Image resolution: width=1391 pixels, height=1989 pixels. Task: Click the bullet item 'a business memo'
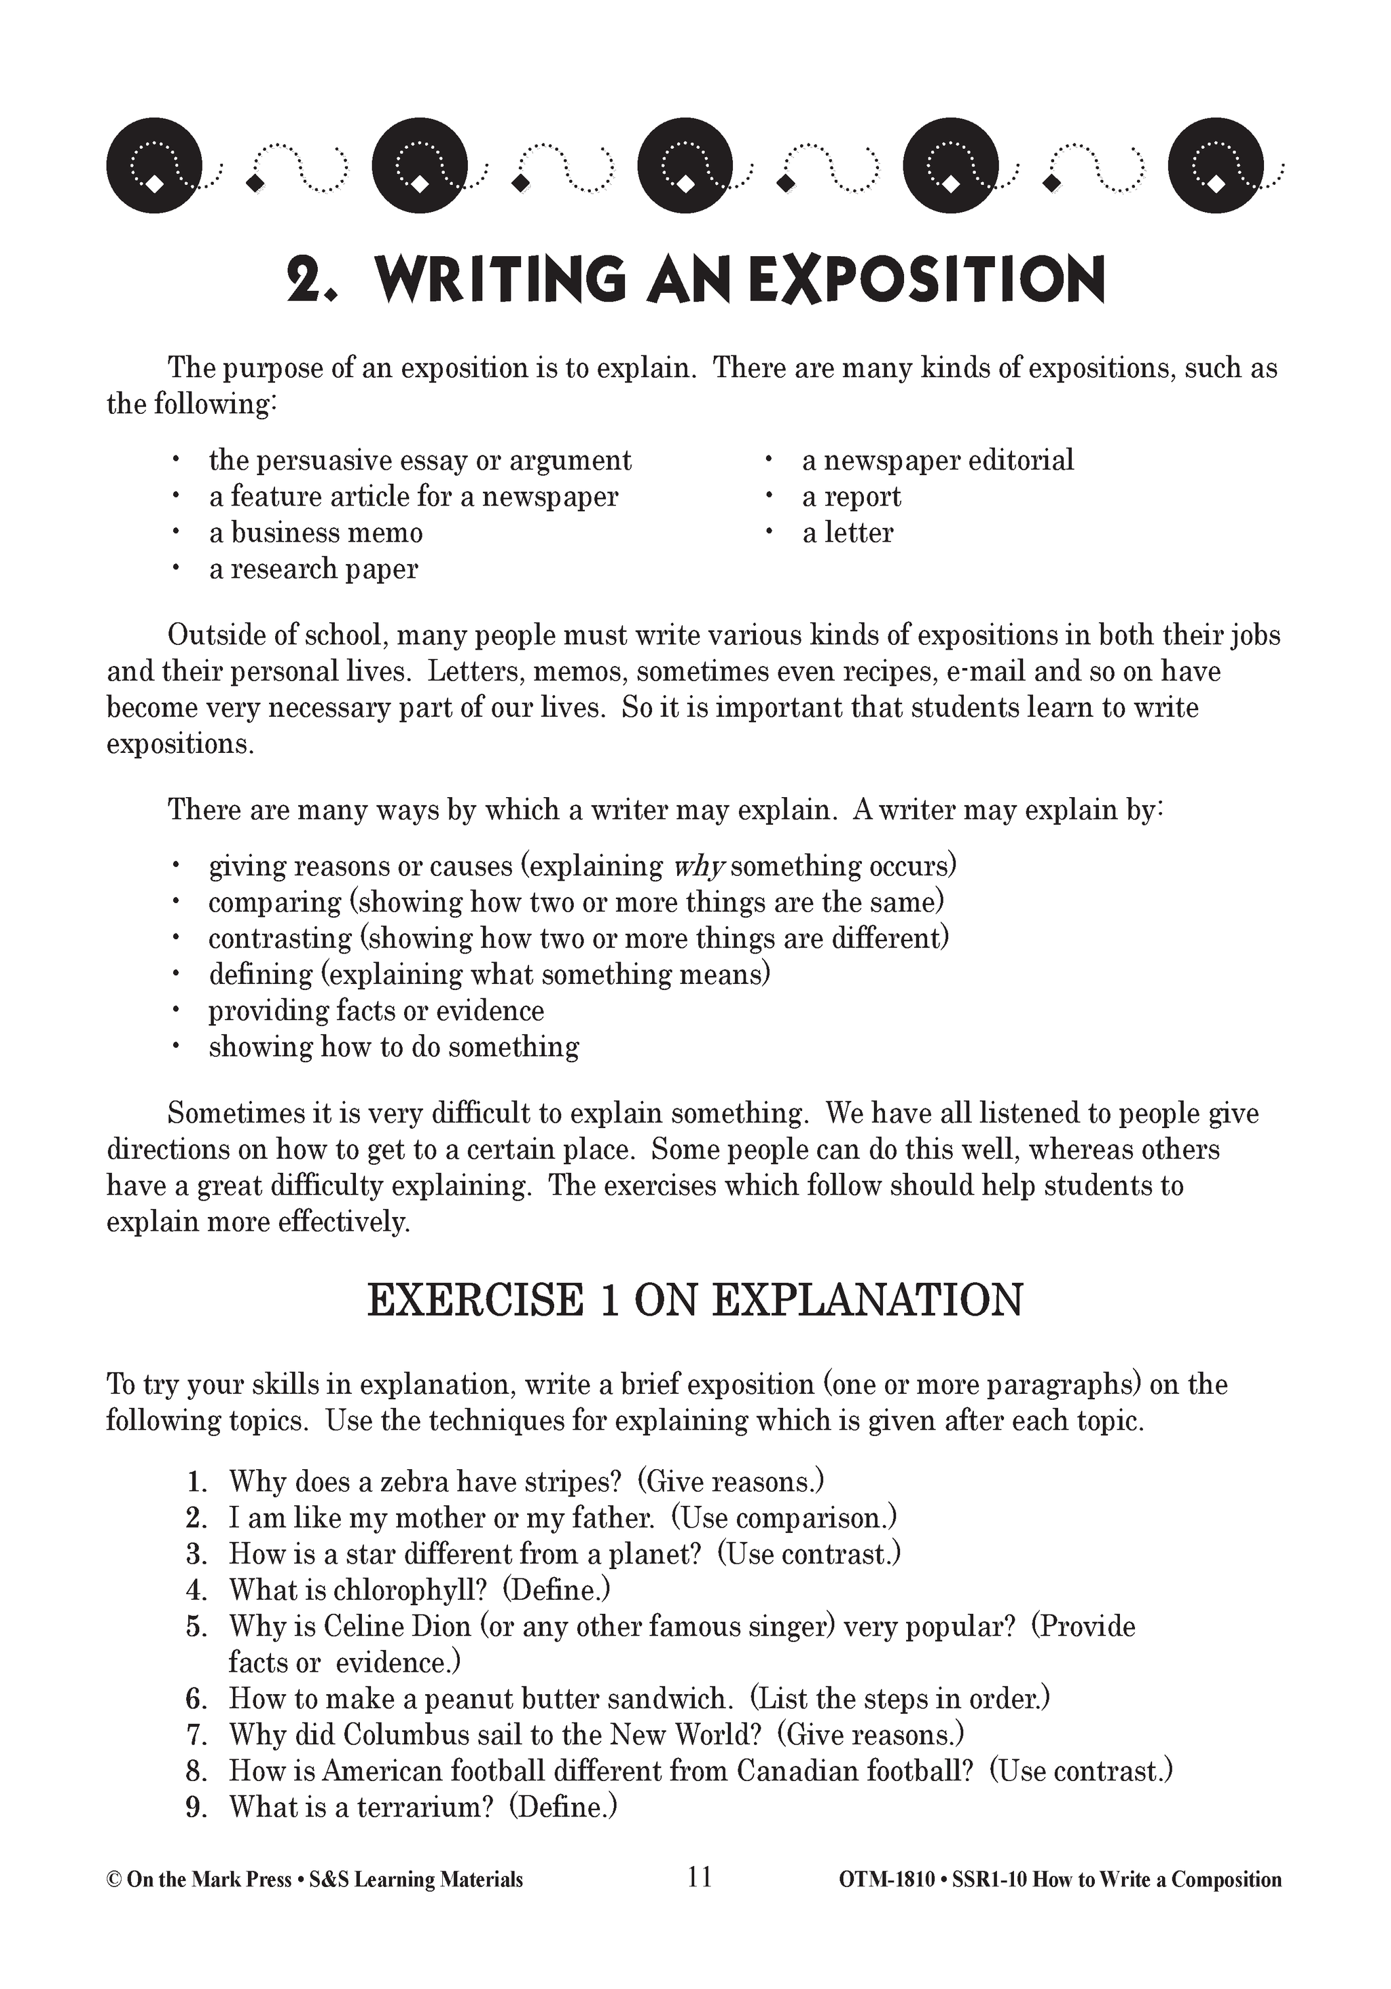[x=315, y=532]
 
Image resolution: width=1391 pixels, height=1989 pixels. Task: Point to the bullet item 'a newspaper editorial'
[x=937, y=460]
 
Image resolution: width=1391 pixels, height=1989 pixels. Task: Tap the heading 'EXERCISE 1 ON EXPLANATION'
[x=695, y=1301]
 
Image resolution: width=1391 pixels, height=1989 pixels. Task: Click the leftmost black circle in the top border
[x=154, y=164]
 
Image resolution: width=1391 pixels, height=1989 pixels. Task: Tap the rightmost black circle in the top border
[x=1214, y=164]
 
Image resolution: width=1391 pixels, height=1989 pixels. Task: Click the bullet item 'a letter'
[x=846, y=532]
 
